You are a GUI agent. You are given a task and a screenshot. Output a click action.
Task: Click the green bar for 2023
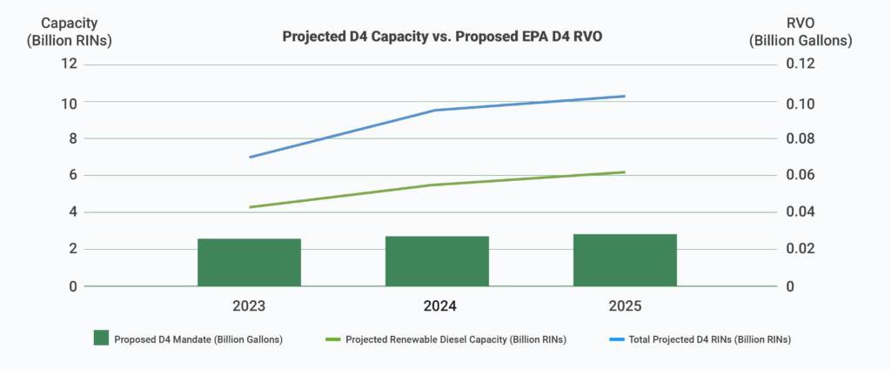[x=249, y=262]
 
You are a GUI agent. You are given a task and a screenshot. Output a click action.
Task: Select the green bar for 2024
[x=437, y=261]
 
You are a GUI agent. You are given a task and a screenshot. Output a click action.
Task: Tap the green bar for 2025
[x=625, y=260]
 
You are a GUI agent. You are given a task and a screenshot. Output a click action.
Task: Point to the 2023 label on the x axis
[x=249, y=306]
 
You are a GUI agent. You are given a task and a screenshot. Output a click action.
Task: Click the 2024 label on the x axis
[x=439, y=306]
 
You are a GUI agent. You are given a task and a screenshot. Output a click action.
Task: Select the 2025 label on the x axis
[x=625, y=306]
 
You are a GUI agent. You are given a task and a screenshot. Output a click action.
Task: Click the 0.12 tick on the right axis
[x=801, y=64]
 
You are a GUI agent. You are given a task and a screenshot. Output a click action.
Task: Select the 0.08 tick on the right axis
[x=801, y=138]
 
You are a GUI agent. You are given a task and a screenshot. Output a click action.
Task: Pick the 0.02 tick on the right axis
[x=801, y=249]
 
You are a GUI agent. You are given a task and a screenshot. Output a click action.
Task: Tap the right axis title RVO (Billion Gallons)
[x=801, y=32]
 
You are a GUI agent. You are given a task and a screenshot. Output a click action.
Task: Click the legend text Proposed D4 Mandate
[x=198, y=339]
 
